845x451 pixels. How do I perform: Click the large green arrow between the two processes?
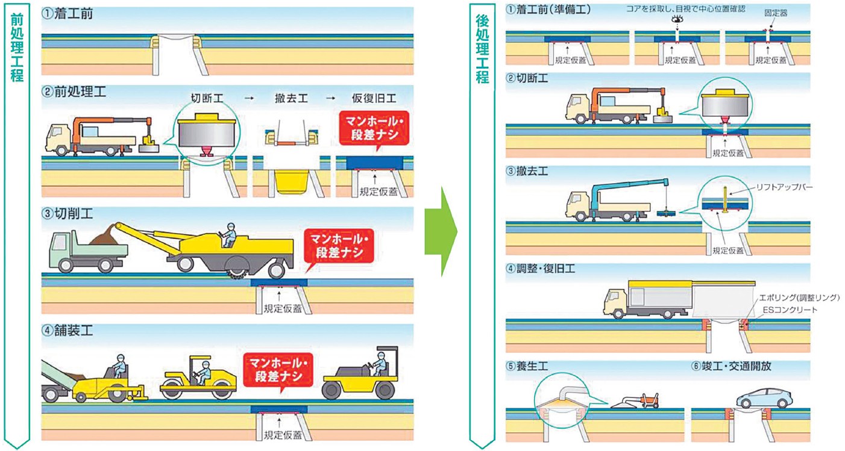point(441,231)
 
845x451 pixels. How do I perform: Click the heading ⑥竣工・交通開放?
point(730,366)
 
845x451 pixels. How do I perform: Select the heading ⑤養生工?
point(527,366)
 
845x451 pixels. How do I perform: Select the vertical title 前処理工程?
point(16,48)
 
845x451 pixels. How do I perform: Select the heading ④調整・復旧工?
point(541,269)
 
